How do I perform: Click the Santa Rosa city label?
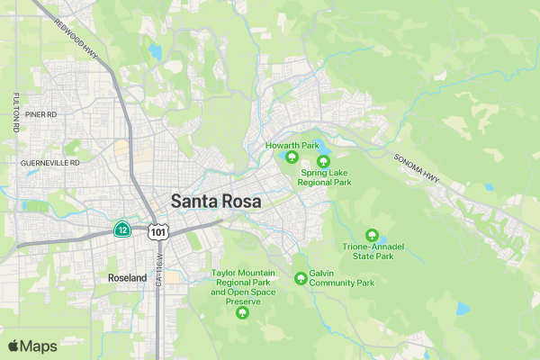pos(216,202)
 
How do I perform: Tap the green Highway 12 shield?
pos(121,229)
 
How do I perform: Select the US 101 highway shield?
pos(158,232)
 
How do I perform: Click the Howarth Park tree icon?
pos(292,158)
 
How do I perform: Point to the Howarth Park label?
pos(292,145)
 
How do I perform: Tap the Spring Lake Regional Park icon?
pos(324,160)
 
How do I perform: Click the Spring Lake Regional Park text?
pos(326,177)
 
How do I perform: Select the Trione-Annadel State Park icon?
pos(372,235)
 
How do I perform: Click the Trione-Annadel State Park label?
pos(368,251)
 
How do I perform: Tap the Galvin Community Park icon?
pos(301,278)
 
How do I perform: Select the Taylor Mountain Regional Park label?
pos(242,286)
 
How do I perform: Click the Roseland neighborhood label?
pos(127,278)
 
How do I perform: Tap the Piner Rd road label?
pos(40,115)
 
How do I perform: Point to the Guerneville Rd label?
pos(49,163)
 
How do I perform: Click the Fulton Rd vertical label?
pos(16,112)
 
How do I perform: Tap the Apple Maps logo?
pos(32,346)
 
